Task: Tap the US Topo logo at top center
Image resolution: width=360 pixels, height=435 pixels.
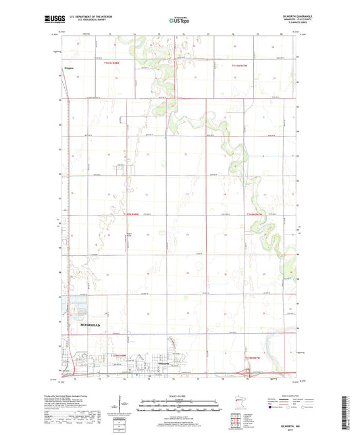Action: pos(178,20)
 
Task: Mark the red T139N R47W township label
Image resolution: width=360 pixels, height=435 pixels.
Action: pos(251,357)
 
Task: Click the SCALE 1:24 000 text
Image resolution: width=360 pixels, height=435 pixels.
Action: pos(179,396)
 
